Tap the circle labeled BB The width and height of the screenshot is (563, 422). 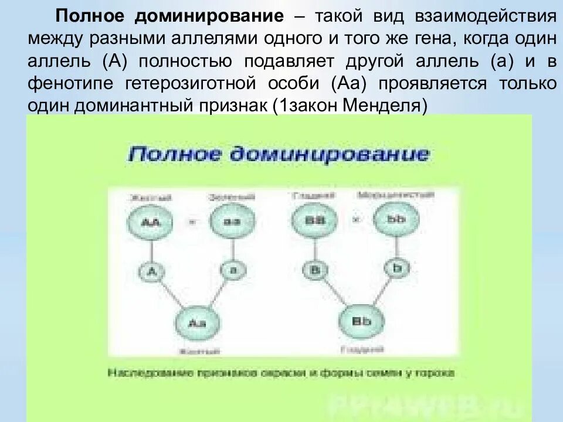coord(313,220)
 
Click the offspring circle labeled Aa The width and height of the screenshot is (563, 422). coord(194,323)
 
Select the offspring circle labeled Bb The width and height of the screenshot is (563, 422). coord(357,322)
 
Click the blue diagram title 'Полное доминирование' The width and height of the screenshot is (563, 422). coord(279,155)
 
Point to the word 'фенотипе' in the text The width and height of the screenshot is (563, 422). coord(72,83)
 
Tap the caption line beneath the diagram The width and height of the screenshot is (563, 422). coord(281,373)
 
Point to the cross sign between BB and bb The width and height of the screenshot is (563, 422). coord(354,220)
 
